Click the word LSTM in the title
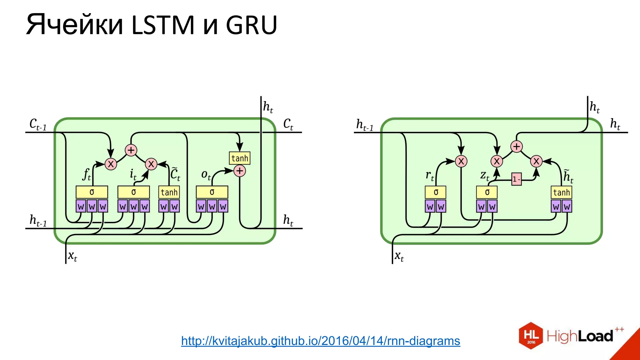(x=162, y=25)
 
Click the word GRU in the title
(x=252, y=25)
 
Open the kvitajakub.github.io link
(x=321, y=341)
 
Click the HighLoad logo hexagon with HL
(x=531, y=336)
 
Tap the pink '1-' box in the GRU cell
(x=516, y=179)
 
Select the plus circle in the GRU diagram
(x=517, y=147)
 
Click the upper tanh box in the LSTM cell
(x=240, y=158)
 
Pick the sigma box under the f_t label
(x=92, y=192)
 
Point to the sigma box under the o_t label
(x=212, y=192)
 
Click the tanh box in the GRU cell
(x=561, y=192)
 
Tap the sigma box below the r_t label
(x=436, y=192)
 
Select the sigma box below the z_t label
(x=487, y=192)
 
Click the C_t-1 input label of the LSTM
(x=38, y=124)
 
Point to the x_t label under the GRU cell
(x=399, y=256)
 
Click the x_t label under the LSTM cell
(x=72, y=256)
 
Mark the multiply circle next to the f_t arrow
(x=111, y=164)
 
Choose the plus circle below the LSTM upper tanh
(x=240, y=171)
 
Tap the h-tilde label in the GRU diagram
(x=568, y=176)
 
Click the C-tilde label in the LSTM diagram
(x=175, y=174)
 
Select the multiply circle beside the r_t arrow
(x=461, y=161)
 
